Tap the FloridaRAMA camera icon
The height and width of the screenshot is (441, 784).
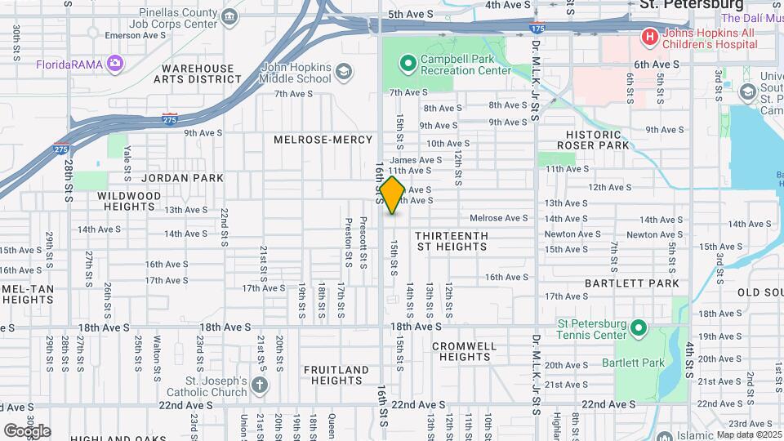[115, 63]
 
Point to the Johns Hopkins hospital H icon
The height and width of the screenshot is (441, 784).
[649, 36]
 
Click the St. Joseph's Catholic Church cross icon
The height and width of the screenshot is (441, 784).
[260, 385]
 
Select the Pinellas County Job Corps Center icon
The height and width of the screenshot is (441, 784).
[229, 16]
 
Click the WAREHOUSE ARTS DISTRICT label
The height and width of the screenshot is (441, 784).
[202, 73]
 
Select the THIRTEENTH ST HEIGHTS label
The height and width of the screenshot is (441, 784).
[452, 240]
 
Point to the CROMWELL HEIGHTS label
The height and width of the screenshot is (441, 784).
[463, 351]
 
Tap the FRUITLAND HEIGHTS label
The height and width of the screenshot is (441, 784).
[336, 375]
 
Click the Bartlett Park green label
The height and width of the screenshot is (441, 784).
[633, 363]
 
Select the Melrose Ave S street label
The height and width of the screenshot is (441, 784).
[499, 218]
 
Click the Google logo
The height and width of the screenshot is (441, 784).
[27, 430]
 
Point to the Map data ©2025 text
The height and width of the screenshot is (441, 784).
[749, 434]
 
